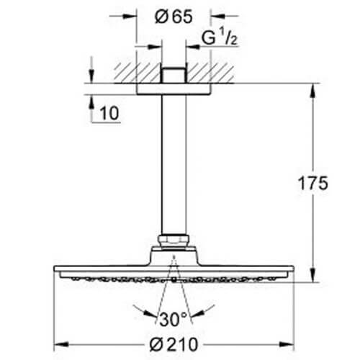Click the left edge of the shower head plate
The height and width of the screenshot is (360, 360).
[55, 273]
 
